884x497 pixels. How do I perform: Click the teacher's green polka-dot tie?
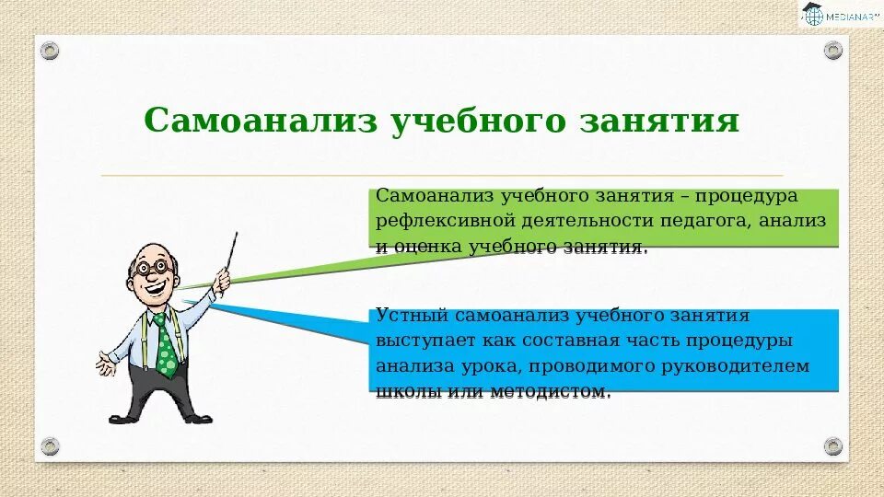[165, 346]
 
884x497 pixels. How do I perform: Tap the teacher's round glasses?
[152, 267]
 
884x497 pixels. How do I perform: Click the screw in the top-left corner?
[50, 51]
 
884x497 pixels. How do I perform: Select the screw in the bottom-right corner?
[833, 446]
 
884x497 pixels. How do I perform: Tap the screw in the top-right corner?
[833, 51]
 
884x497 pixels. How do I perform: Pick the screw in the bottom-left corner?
[50, 446]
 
